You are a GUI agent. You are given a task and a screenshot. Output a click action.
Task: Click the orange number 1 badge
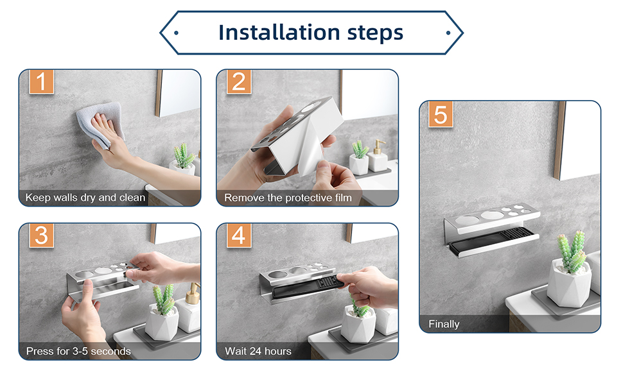point(41,81)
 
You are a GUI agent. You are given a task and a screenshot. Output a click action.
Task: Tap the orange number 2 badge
point(239,81)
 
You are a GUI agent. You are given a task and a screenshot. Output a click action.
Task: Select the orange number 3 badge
point(41,235)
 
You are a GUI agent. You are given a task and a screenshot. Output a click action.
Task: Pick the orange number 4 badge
point(239,235)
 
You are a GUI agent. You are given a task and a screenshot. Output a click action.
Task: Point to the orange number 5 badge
point(441,114)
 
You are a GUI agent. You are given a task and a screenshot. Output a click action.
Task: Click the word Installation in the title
point(279,33)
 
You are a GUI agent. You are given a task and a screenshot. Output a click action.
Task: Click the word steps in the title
point(375,33)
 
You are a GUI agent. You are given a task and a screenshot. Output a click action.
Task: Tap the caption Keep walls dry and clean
point(85,198)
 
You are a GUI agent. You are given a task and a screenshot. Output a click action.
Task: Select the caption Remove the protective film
point(288,198)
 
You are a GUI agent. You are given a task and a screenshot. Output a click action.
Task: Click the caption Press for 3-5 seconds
point(78,351)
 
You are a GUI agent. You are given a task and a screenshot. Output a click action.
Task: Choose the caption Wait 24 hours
point(258,351)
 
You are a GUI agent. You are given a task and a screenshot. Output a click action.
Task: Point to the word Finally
point(444,324)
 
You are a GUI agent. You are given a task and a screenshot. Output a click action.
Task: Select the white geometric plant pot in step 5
point(569,284)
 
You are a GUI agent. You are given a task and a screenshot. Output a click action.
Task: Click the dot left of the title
point(176,33)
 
